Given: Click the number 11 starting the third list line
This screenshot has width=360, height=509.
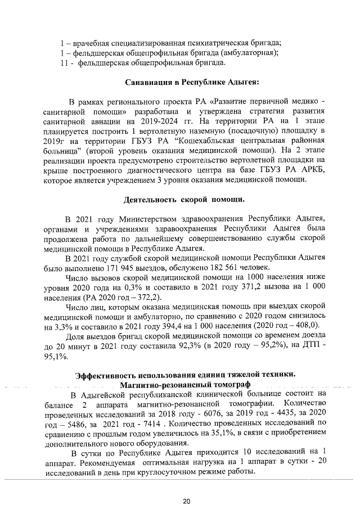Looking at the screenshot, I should coord(64,63).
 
